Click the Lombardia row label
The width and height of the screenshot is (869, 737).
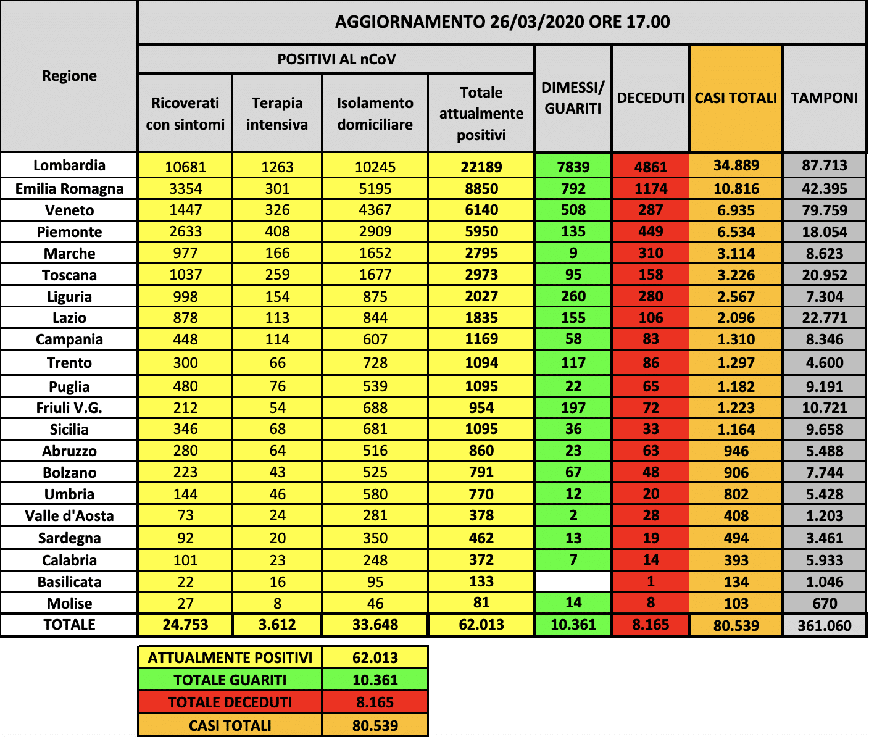[x=69, y=165]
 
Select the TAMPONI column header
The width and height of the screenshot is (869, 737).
[x=824, y=98]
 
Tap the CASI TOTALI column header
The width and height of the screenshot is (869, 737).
[x=736, y=98]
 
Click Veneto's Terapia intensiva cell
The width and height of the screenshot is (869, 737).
[x=277, y=210]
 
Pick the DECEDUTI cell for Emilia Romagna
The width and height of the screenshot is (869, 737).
[x=651, y=189]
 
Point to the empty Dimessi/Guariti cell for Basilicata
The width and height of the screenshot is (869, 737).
[x=573, y=581]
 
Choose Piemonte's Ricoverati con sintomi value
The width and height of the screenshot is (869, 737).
[x=185, y=232]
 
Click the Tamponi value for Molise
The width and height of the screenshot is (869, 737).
[x=824, y=604]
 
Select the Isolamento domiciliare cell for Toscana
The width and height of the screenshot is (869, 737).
[x=375, y=275]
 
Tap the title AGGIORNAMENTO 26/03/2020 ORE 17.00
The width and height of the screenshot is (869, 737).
[x=502, y=22]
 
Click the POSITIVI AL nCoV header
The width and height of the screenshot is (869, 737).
[x=336, y=59]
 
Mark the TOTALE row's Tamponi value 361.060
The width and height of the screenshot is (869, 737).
[x=824, y=626]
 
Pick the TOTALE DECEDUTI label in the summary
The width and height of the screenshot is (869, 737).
[x=230, y=702]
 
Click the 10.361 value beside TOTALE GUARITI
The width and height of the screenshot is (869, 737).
[x=375, y=680]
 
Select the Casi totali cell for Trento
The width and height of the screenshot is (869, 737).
[x=736, y=363]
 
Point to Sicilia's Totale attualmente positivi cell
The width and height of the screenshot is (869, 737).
[x=481, y=430]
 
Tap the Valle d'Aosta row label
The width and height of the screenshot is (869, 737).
[x=69, y=516]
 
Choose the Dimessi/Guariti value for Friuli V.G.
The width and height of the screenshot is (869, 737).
[x=573, y=408]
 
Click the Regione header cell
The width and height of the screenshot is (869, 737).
[x=69, y=76]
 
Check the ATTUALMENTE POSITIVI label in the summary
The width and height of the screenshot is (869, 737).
[x=230, y=658]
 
